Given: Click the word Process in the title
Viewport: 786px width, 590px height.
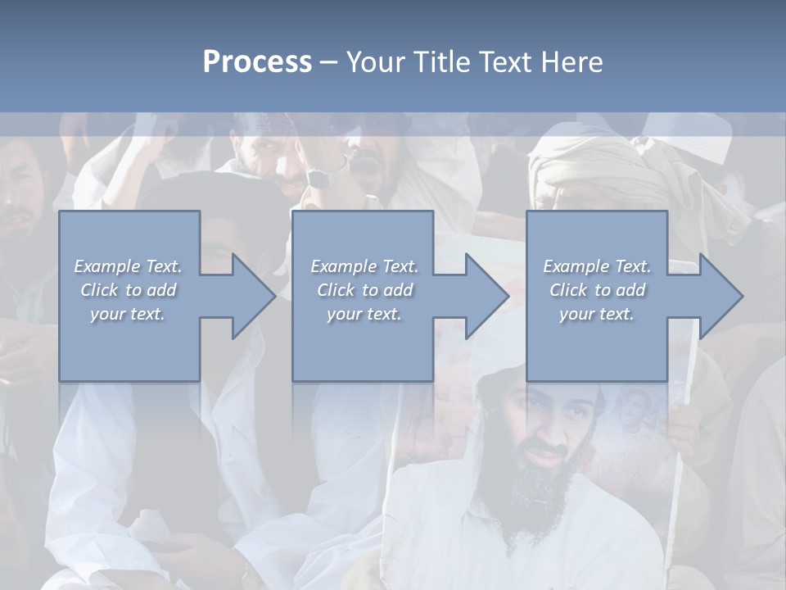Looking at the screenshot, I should pos(257,62).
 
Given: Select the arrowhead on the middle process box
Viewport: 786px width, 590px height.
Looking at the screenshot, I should pos(486,296).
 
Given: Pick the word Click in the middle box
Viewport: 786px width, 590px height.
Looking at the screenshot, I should pos(335,290).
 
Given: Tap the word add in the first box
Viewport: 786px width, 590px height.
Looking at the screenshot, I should pos(162,290).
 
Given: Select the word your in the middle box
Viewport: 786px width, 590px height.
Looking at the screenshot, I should pos(343,314).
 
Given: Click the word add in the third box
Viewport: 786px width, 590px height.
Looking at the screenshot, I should pos(631,290).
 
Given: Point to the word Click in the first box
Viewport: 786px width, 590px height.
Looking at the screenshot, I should pos(98,290).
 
